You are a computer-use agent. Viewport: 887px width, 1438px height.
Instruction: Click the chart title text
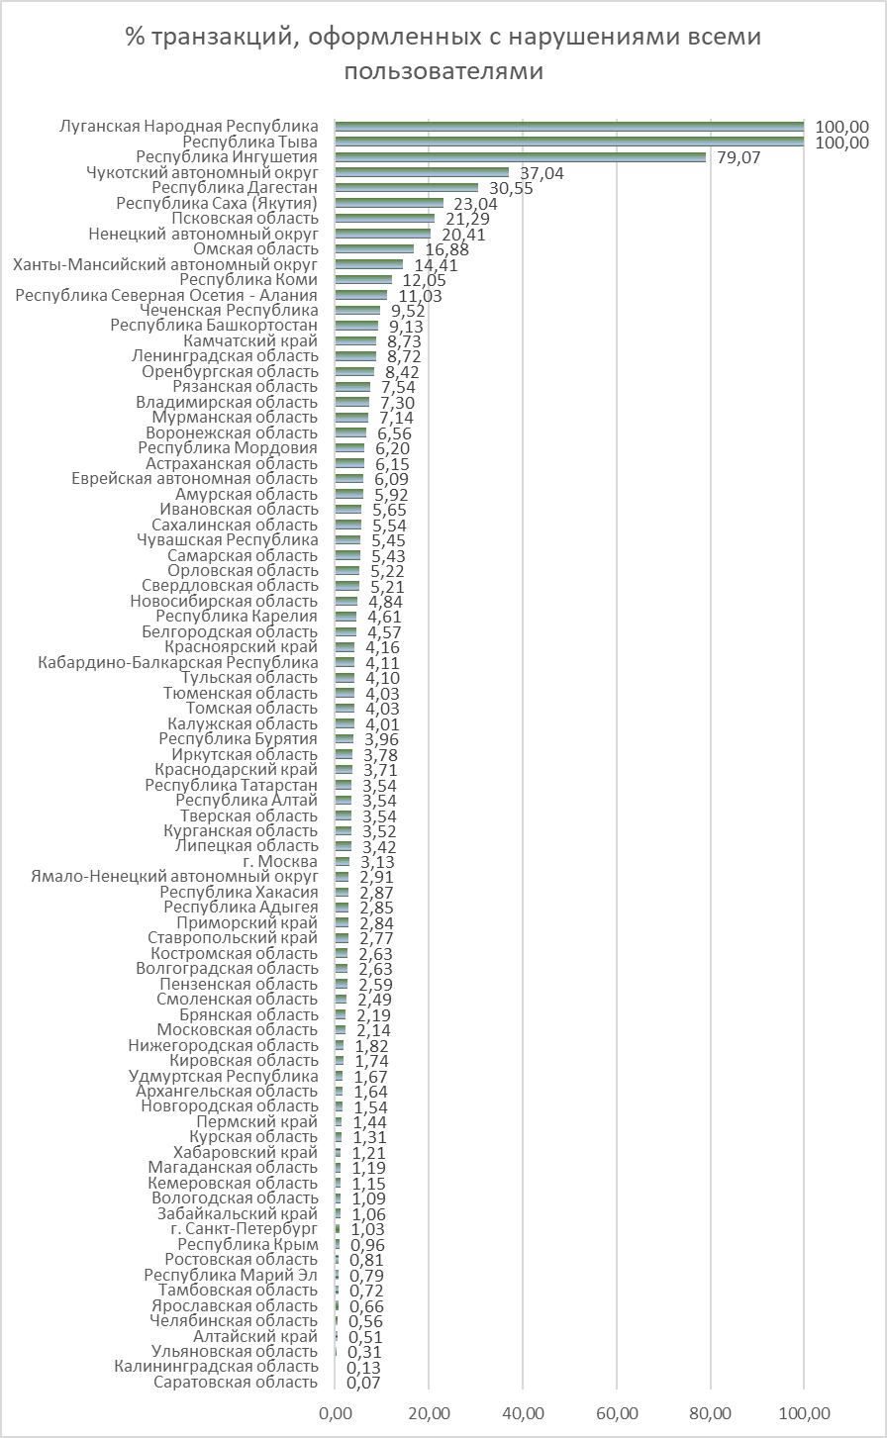[x=443, y=53]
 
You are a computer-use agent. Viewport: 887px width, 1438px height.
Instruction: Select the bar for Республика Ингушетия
[x=521, y=157]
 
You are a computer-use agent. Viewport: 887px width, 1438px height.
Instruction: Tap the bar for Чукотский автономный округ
[x=422, y=172]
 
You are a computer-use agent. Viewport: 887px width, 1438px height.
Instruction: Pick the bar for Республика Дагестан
[x=407, y=187]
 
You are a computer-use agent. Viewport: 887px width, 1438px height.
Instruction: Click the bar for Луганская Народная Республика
[x=569, y=127]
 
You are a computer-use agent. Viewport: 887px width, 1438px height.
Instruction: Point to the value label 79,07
[x=739, y=158]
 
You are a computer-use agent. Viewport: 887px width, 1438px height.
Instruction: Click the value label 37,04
[x=542, y=173]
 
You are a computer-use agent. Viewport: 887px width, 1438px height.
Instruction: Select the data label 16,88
[x=447, y=249]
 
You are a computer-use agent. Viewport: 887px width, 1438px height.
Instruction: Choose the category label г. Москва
[x=280, y=862]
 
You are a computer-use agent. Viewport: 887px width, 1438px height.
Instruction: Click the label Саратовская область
[x=235, y=1383]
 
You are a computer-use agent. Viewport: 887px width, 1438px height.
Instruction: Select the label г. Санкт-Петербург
[x=245, y=1229]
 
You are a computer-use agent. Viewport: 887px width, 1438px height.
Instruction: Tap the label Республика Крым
[x=247, y=1244]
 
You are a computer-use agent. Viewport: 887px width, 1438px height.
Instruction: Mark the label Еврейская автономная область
[x=195, y=479]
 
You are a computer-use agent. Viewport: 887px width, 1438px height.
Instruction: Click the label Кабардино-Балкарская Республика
[x=178, y=662]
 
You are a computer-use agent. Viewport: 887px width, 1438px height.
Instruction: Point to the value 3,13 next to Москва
[x=377, y=862]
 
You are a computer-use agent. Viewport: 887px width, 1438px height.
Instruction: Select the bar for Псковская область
[x=385, y=219]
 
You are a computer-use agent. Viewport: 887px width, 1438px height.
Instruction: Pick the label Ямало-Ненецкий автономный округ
[x=174, y=876]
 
